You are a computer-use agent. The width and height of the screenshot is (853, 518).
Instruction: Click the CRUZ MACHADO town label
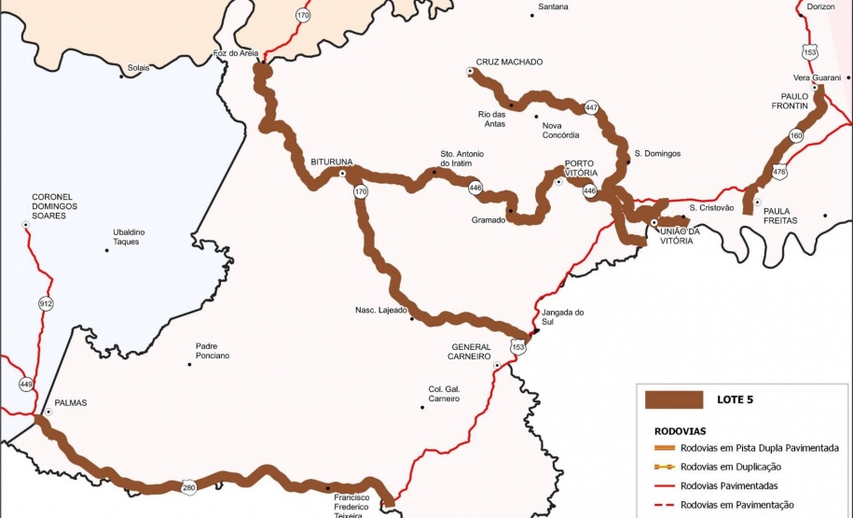coord(509,63)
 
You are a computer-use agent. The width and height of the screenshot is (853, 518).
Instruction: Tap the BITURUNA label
coord(332,161)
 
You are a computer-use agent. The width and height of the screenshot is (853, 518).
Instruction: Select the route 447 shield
coord(591,108)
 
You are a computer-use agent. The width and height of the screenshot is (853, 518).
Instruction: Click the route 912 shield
coord(47,303)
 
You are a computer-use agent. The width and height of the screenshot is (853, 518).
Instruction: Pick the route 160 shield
coord(795,136)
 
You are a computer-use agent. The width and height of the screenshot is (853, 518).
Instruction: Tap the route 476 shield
coord(779,172)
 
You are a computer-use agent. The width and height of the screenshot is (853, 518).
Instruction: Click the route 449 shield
coord(26,384)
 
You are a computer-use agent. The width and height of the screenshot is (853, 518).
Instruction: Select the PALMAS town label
coord(71,403)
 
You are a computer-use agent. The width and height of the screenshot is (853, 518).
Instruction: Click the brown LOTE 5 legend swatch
coord(673,399)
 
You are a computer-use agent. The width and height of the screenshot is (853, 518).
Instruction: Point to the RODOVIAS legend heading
coord(681,431)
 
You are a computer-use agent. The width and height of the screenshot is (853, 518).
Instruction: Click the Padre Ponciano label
coord(213,351)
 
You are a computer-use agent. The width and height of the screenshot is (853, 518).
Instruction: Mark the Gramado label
coord(488,221)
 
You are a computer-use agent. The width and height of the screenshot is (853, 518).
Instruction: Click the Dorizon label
coord(821,7)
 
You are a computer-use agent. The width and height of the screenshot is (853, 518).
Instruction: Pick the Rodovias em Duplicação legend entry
coord(731,467)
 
